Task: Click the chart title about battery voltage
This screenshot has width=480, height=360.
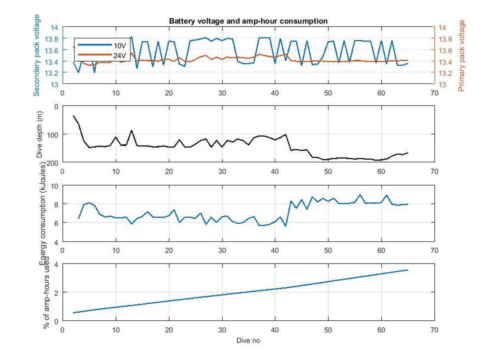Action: coord(248,21)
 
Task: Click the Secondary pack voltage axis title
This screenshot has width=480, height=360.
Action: coord(37,55)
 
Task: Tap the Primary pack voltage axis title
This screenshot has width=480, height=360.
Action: coord(462,56)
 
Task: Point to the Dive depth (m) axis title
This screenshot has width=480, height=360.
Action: coord(40,135)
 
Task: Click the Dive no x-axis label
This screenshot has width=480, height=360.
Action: coord(248,341)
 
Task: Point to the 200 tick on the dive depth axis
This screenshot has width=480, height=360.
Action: coord(53,162)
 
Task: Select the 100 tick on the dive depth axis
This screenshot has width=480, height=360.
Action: coord(53,134)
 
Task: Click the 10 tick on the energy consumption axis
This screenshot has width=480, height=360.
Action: coord(54,186)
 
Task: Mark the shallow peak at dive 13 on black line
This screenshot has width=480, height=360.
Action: coord(131,130)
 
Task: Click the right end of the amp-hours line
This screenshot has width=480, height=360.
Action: coord(408,270)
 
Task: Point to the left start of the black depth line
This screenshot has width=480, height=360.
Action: coord(74,116)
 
